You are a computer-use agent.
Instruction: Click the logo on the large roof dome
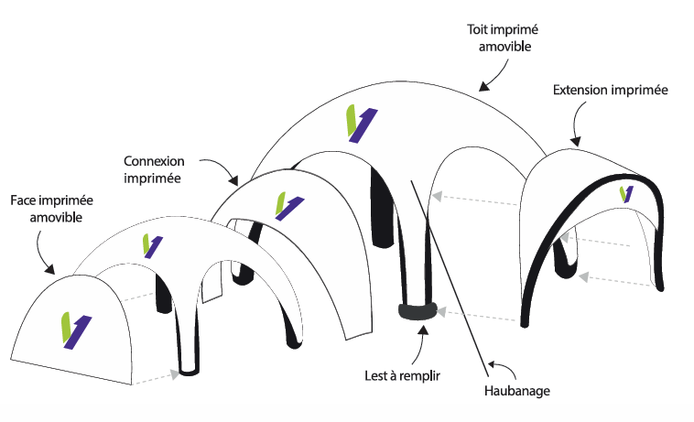(360, 124)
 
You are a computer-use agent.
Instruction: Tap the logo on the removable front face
(76, 330)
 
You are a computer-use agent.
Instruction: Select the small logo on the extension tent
(626, 194)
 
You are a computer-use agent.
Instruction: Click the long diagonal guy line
(449, 275)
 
